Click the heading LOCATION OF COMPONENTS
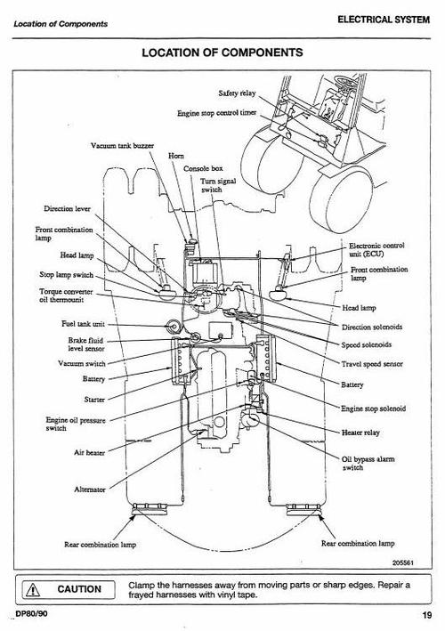click(222, 53)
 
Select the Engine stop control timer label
click(218, 114)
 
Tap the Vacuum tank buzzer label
click(123, 145)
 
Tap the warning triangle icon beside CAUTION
click(31, 589)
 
